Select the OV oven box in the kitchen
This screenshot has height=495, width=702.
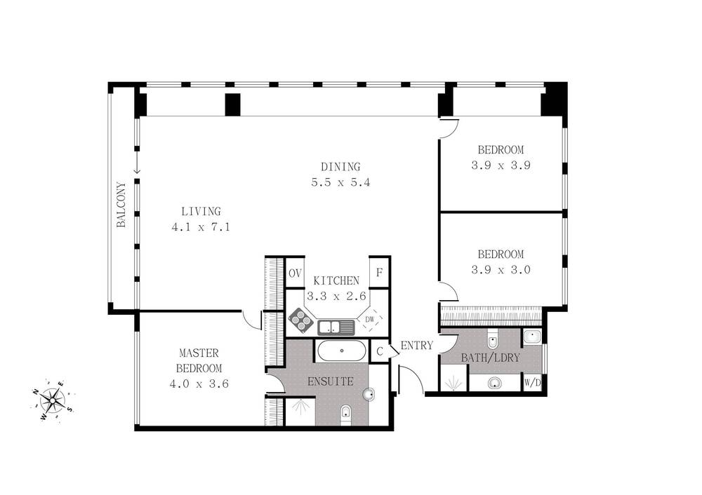point(294,273)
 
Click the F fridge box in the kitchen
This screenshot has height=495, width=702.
point(379,273)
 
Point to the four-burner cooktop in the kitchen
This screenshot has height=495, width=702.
point(301,321)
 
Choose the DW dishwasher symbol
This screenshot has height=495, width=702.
point(370,320)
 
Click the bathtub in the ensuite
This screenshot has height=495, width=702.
point(342,351)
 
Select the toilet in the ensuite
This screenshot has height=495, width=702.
point(345,414)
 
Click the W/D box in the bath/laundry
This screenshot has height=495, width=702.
point(532,383)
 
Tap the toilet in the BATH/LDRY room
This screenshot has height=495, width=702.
point(493,341)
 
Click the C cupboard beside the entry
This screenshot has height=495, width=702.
point(380,351)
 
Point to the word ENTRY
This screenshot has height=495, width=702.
point(416,345)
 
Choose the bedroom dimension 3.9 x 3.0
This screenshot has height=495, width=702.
point(501,269)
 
